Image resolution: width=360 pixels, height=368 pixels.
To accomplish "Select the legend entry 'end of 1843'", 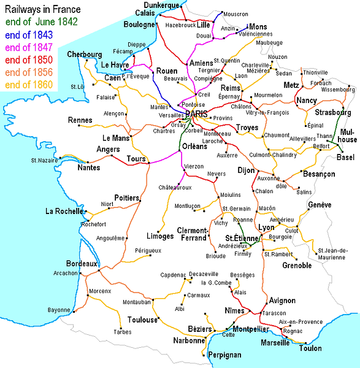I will [x=29, y=34].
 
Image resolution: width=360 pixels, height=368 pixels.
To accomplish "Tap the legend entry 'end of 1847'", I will [x=29, y=47].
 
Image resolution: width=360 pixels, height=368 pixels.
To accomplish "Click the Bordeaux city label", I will [x=82, y=263].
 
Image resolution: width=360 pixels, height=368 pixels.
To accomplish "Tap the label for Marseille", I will [x=275, y=342].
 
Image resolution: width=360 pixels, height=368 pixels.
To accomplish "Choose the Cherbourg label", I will [x=85, y=54].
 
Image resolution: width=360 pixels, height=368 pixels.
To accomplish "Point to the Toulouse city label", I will [x=144, y=320].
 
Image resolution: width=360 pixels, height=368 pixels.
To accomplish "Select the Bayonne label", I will [x=59, y=310].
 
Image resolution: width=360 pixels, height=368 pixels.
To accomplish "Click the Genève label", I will [x=319, y=204].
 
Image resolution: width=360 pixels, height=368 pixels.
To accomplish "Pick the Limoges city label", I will [x=160, y=236].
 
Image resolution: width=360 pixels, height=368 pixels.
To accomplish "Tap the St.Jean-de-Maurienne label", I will [x=332, y=253].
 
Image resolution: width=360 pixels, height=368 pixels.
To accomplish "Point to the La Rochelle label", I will [x=64, y=212].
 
